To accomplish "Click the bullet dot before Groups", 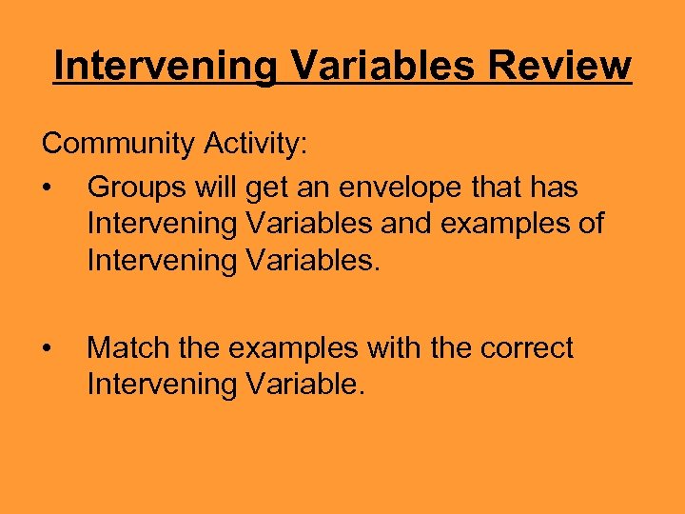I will coord(46,188).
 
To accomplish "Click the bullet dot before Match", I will coord(46,349).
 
